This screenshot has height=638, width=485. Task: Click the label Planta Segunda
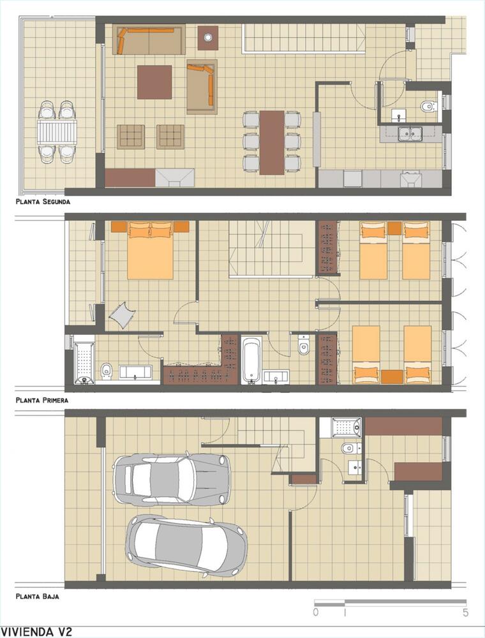coord(43,202)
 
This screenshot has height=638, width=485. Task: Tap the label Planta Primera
coord(42,400)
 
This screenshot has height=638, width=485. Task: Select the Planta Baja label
coord(38,596)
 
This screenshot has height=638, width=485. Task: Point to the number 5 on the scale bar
coord(465,612)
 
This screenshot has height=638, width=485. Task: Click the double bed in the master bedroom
coord(151,250)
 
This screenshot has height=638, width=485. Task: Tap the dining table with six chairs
coord(272,142)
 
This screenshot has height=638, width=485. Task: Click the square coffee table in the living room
coord(154,82)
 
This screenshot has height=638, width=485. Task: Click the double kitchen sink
coord(410,134)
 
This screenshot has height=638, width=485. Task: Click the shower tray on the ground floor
coord(347,427)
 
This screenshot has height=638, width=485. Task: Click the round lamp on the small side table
coord(208,38)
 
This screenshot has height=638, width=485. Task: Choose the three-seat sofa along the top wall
coord(149,39)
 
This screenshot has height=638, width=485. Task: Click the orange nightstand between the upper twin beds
coord(394,228)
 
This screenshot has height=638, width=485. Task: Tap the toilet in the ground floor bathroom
coord(348,449)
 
